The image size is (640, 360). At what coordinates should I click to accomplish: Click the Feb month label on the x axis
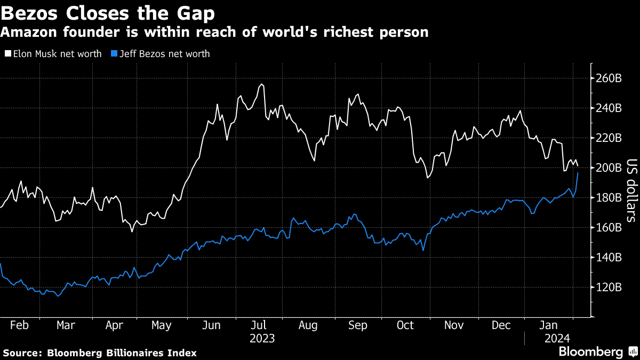pos(20,325)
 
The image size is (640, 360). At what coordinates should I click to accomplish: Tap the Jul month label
pos(259,325)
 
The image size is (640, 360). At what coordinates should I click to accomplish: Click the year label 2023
pos(261,338)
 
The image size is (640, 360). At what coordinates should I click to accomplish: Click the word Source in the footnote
pos(22,353)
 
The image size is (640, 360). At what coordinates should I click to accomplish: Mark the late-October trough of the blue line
pos(423,250)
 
